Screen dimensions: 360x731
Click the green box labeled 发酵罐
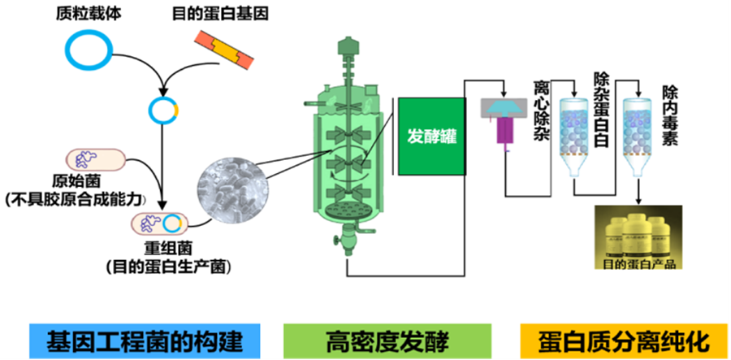pos(431,136)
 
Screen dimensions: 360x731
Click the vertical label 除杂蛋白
pos(602,109)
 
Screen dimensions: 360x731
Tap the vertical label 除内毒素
pos(671,109)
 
